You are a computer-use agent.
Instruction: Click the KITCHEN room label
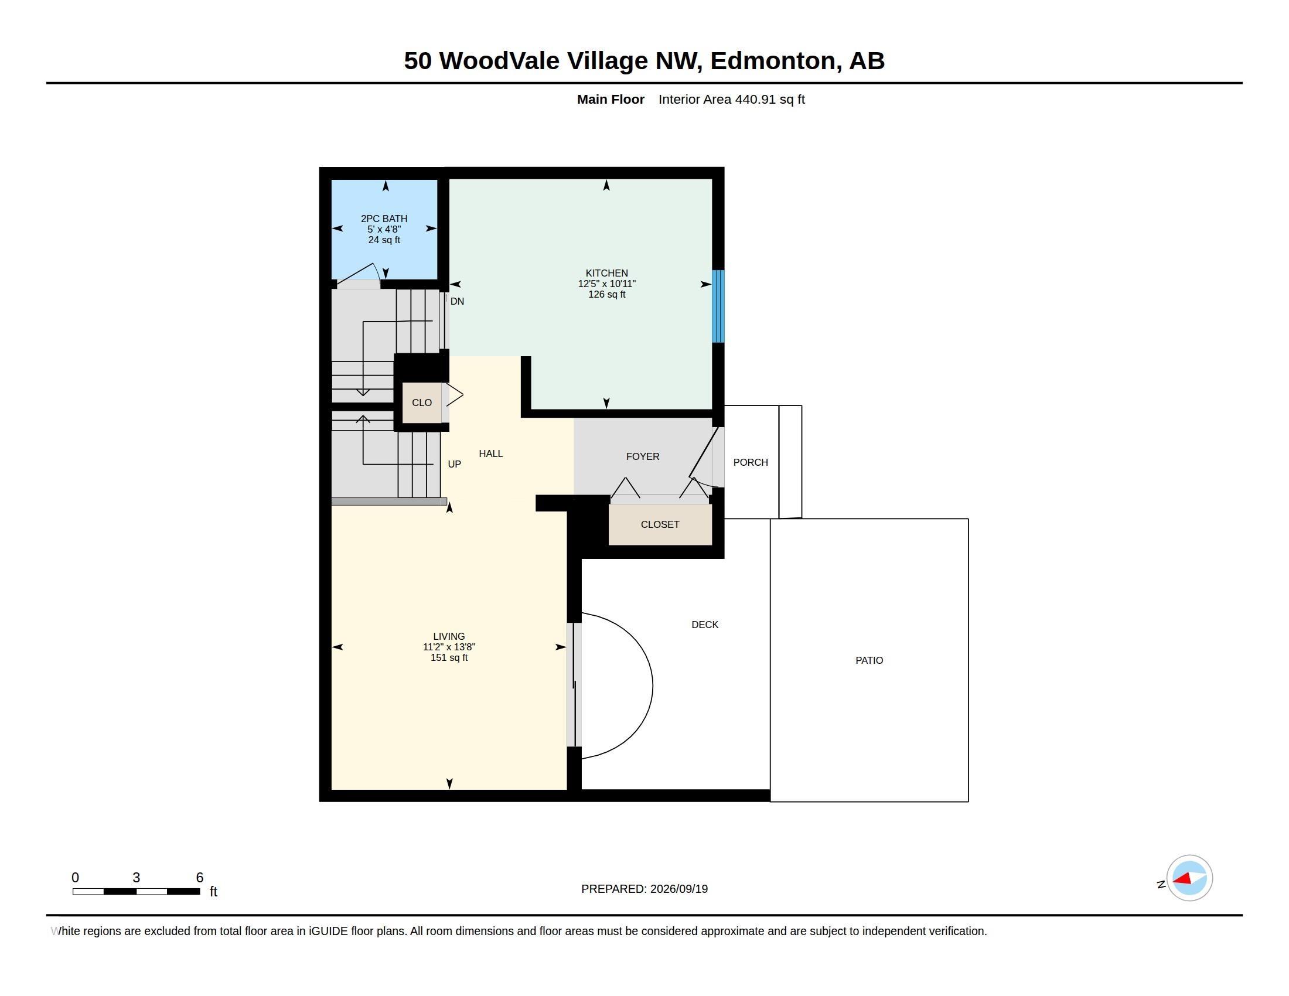pyautogui.click(x=606, y=273)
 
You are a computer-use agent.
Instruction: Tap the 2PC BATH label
pyautogui.click(x=384, y=219)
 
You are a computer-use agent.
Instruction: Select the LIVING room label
pyautogui.click(x=449, y=636)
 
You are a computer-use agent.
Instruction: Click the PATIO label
pyautogui.click(x=869, y=660)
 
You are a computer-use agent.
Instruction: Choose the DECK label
pyautogui.click(x=705, y=625)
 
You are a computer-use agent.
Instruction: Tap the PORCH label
pyautogui.click(x=751, y=463)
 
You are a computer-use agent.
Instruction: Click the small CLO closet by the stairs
pyautogui.click(x=421, y=403)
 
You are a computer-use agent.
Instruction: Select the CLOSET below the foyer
pyautogui.click(x=660, y=524)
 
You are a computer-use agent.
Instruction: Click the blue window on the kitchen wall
pyautogui.click(x=718, y=306)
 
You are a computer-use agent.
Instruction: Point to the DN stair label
pyautogui.click(x=458, y=302)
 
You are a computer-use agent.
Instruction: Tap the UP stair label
pyautogui.click(x=455, y=465)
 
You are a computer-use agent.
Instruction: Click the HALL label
pyautogui.click(x=491, y=453)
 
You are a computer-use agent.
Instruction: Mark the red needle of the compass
pyautogui.click(x=1182, y=879)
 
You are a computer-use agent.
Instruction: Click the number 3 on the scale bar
pyautogui.click(x=137, y=878)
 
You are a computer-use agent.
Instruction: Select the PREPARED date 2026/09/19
pyautogui.click(x=678, y=889)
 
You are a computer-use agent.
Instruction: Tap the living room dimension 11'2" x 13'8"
pyautogui.click(x=449, y=647)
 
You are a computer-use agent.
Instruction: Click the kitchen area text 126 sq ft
pyautogui.click(x=607, y=295)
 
